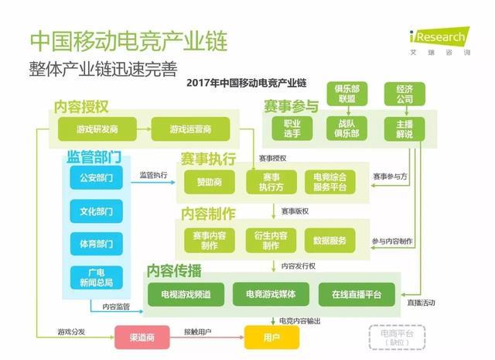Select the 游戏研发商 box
point(97,128)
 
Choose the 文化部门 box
point(96,211)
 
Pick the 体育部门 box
point(96,244)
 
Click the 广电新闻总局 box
point(96,277)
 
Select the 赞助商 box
point(209,183)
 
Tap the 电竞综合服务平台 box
point(329,182)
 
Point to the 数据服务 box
point(329,240)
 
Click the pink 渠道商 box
point(142,337)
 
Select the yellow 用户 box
point(271,337)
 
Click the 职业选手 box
point(292,129)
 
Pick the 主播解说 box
point(404,129)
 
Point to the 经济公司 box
point(404,94)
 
